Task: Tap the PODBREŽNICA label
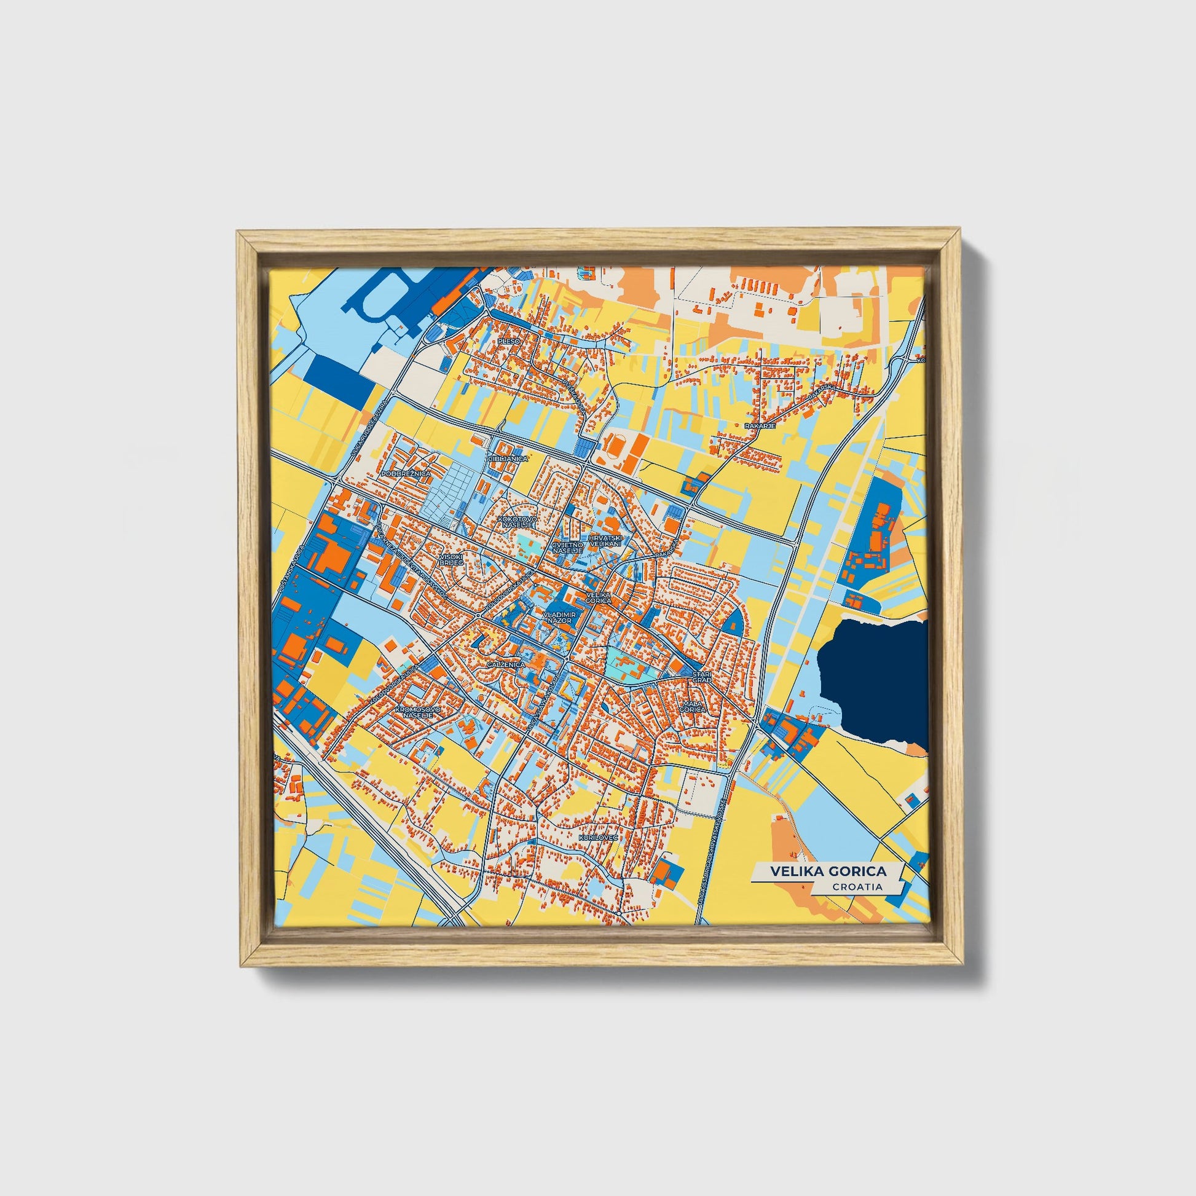tap(406, 473)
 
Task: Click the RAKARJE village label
tap(760, 426)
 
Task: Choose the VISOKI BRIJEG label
tap(450, 560)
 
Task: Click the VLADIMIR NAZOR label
tap(560, 617)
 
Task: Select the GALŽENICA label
tap(505, 664)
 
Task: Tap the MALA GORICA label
tap(692, 706)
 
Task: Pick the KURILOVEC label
tap(598, 838)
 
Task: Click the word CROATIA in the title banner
tap(857, 887)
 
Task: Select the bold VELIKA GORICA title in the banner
tap(828, 871)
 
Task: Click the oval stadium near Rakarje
tap(615, 444)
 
